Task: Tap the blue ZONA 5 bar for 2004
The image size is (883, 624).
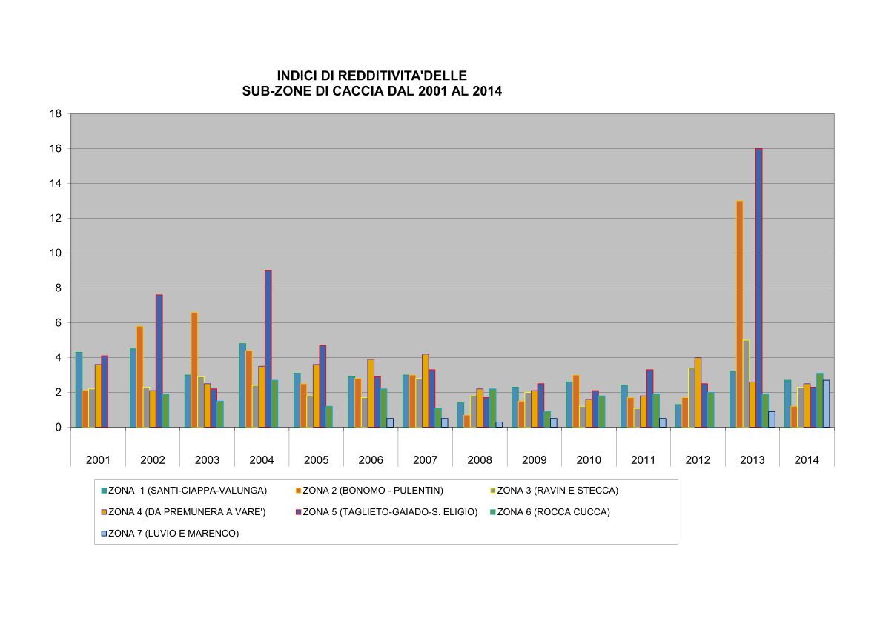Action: pos(268,348)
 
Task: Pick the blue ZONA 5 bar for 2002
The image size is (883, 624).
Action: pos(159,361)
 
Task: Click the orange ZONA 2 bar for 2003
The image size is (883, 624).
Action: pos(194,370)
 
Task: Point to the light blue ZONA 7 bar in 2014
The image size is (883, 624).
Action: pos(826,404)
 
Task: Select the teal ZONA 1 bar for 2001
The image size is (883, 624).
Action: pos(79,390)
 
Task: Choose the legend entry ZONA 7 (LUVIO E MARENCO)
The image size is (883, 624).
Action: pos(173,533)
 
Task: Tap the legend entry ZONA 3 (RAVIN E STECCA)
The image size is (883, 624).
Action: pos(557,490)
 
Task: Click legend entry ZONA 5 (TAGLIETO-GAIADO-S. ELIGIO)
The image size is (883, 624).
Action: pos(390,511)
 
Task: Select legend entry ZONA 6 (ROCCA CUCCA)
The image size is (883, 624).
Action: pos(553,511)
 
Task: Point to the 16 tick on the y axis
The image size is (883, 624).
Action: pos(55,148)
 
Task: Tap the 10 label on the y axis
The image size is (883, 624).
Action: pos(55,253)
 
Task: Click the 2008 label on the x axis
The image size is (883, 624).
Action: pos(480,460)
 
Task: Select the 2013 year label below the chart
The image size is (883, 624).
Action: pos(753,460)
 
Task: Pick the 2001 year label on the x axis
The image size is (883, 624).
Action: pos(98,460)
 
